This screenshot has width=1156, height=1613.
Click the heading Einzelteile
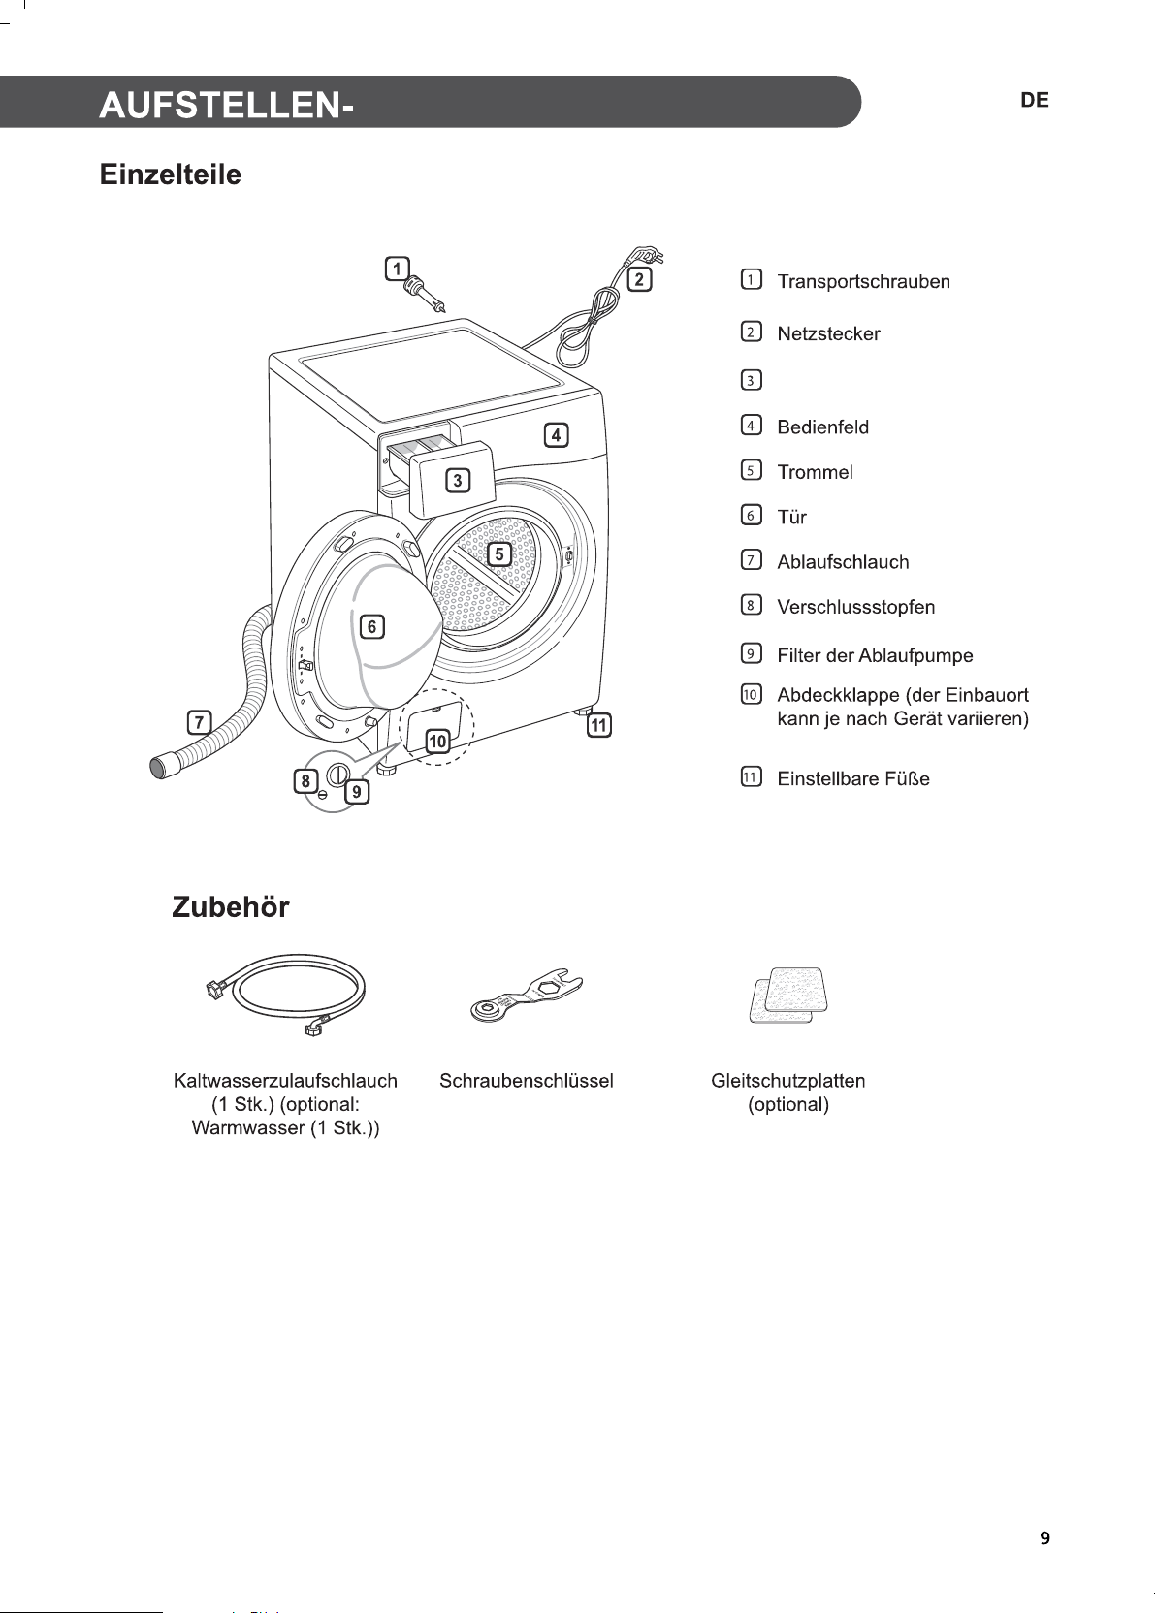point(170,174)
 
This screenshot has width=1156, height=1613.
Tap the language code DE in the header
point(1034,101)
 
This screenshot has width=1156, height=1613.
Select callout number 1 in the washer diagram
point(397,269)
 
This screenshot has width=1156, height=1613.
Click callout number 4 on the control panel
point(556,435)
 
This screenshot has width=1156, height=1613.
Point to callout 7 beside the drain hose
point(199,721)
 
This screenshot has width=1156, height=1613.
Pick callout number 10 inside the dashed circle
point(438,741)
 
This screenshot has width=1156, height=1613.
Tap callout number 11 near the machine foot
point(599,725)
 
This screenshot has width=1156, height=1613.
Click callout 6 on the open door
point(371,626)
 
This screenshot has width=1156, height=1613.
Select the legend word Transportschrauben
point(863,281)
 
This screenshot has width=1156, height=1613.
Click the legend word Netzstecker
point(828,334)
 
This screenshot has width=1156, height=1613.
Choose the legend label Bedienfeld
point(822,427)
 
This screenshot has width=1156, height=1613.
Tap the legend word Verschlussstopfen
point(855,607)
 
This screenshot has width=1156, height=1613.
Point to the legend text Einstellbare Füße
point(853,778)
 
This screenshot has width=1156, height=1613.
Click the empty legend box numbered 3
point(751,380)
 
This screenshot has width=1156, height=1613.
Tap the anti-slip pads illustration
point(787,995)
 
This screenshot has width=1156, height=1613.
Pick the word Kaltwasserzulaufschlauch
point(285,1081)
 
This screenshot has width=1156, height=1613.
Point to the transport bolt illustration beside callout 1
point(426,295)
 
